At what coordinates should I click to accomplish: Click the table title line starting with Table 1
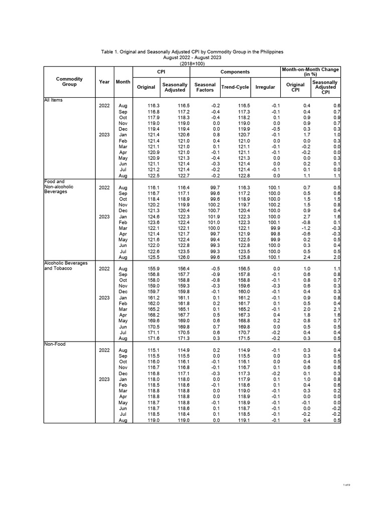pyautogui.click(x=192, y=52)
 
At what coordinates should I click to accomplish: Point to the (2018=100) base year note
pyautogui.click(x=192, y=64)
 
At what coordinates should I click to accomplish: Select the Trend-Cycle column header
pyautogui.click(x=235, y=87)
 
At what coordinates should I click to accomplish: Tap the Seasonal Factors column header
pyautogui.click(x=205, y=87)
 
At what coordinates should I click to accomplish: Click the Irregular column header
pyautogui.click(x=265, y=87)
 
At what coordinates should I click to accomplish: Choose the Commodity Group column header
pyautogui.click(x=69, y=82)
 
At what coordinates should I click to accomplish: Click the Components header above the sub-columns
pyautogui.click(x=235, y=72)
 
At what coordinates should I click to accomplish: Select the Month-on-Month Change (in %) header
pyautogui.click(x=311, y=72)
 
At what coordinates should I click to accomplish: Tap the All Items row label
pyautogui.click(x=54, y=100)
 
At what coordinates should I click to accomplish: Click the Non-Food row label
pyautogui.click(x=55, y=344)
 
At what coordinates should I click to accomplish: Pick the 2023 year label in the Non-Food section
pyautogui.click(x=104, y=379)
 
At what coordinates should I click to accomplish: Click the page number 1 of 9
pyautogui.click(x=346, y=485)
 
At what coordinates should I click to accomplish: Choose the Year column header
pyautogui.click(x=104, y=82)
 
